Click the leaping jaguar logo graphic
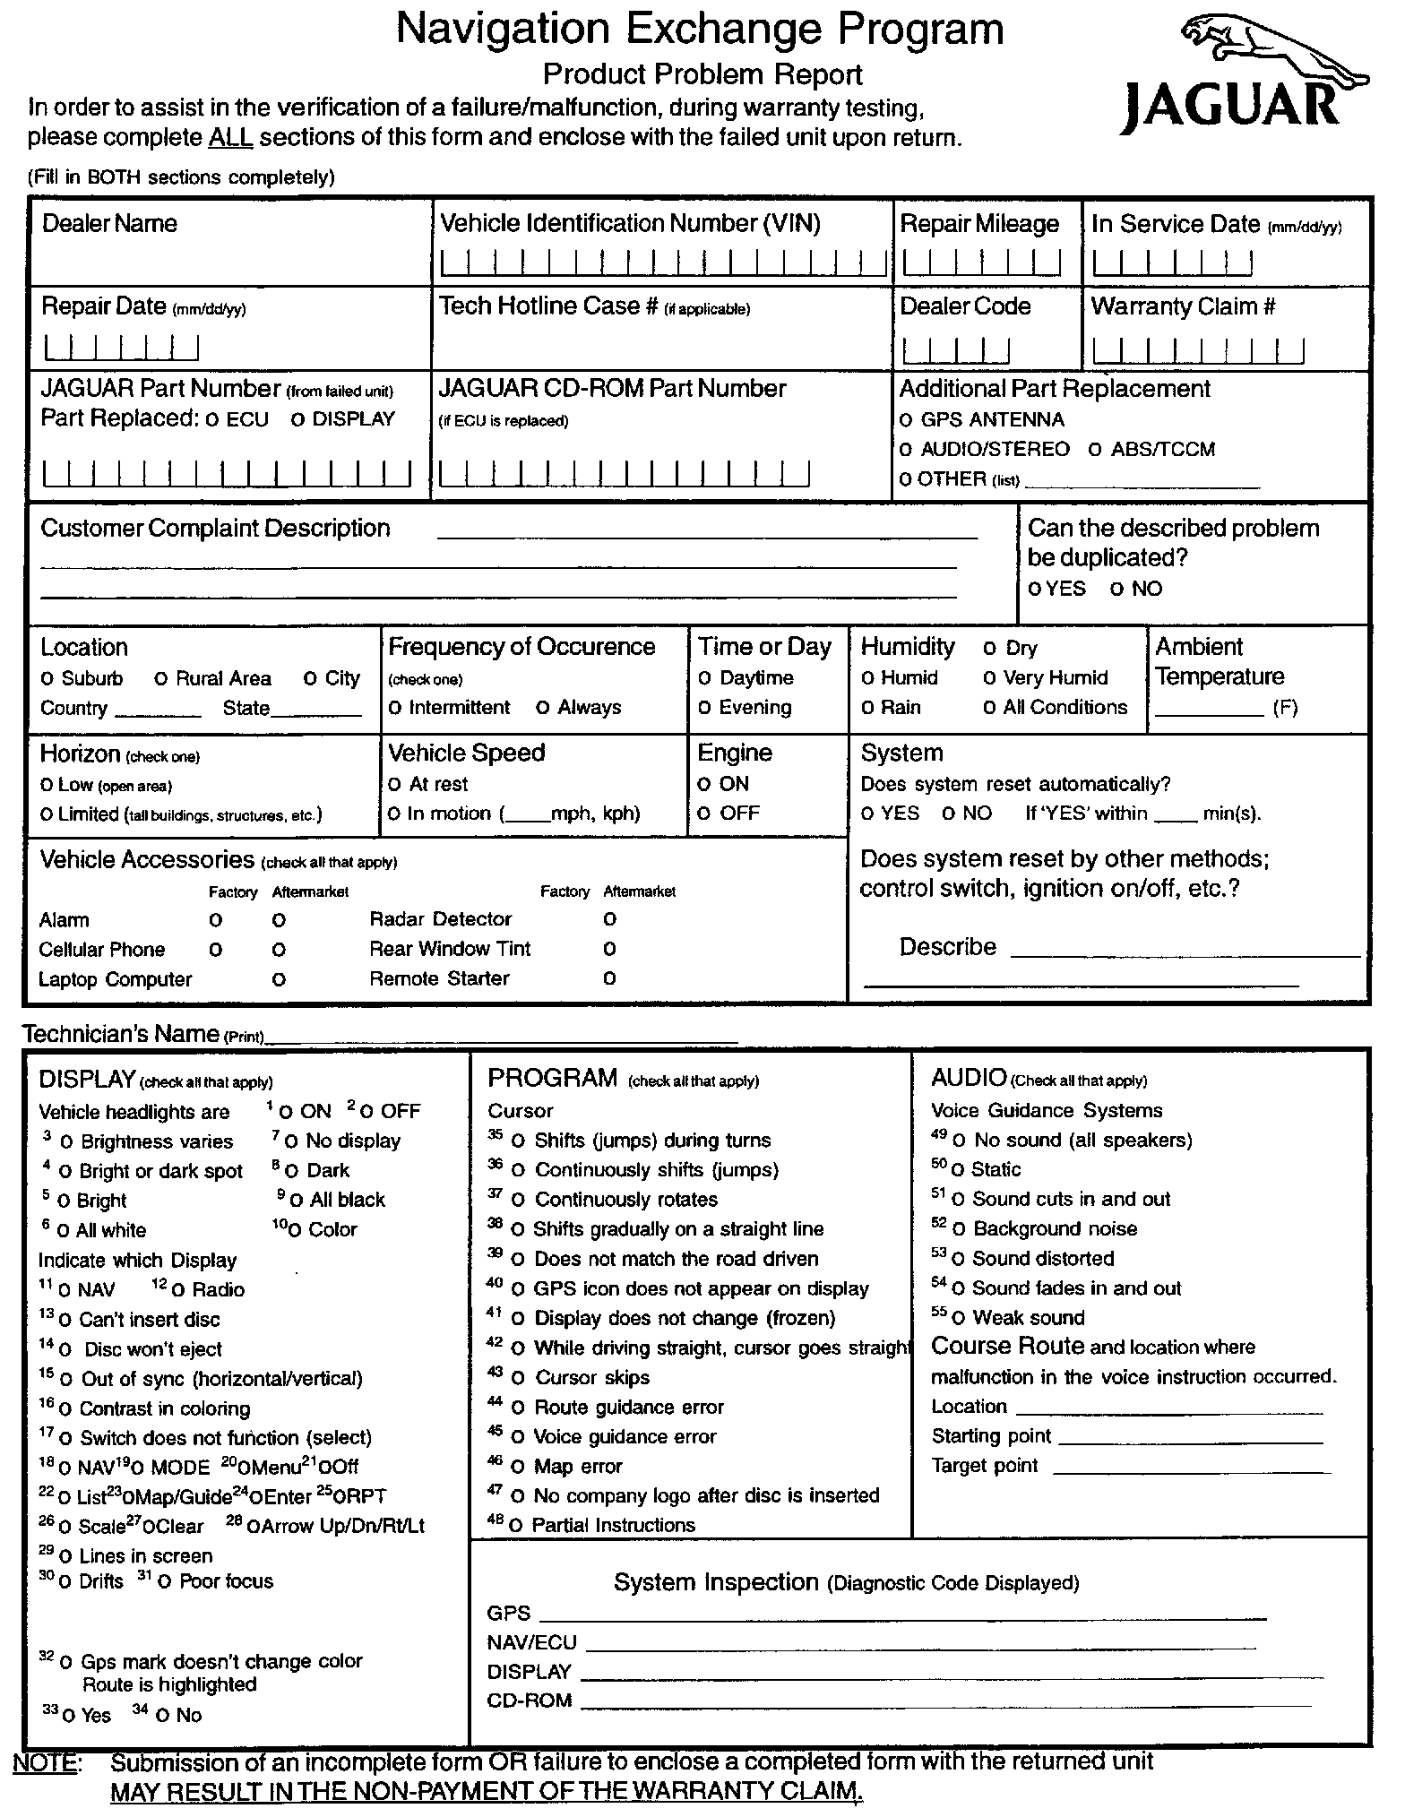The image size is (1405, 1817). (x=1272, y=55)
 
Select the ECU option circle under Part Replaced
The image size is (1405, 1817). (x=211, y=420)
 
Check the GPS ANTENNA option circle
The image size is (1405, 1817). (x=906, y=421)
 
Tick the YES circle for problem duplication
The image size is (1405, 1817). (x=1036, y=590)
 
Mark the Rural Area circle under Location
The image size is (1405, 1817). (x=161, y=679)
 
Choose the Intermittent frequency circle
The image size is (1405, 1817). (x=395, y=709)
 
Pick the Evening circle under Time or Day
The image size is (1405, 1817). (x=705, y=709)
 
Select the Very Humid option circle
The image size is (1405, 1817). (x=989, y=679)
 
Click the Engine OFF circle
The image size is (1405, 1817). (x=704, y=814)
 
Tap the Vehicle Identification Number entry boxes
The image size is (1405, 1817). (x=663, y=263)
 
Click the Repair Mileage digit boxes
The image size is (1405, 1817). (x=981, y=263)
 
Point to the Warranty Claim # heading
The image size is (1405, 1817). (x=1183, y=306)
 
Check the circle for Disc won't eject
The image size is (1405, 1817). (x=65, y=1350)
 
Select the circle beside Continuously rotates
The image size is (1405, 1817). (x=518, y=1201)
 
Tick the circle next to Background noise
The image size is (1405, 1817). (x=960, y=1229)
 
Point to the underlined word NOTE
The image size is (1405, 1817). (x=46, y=1762)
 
